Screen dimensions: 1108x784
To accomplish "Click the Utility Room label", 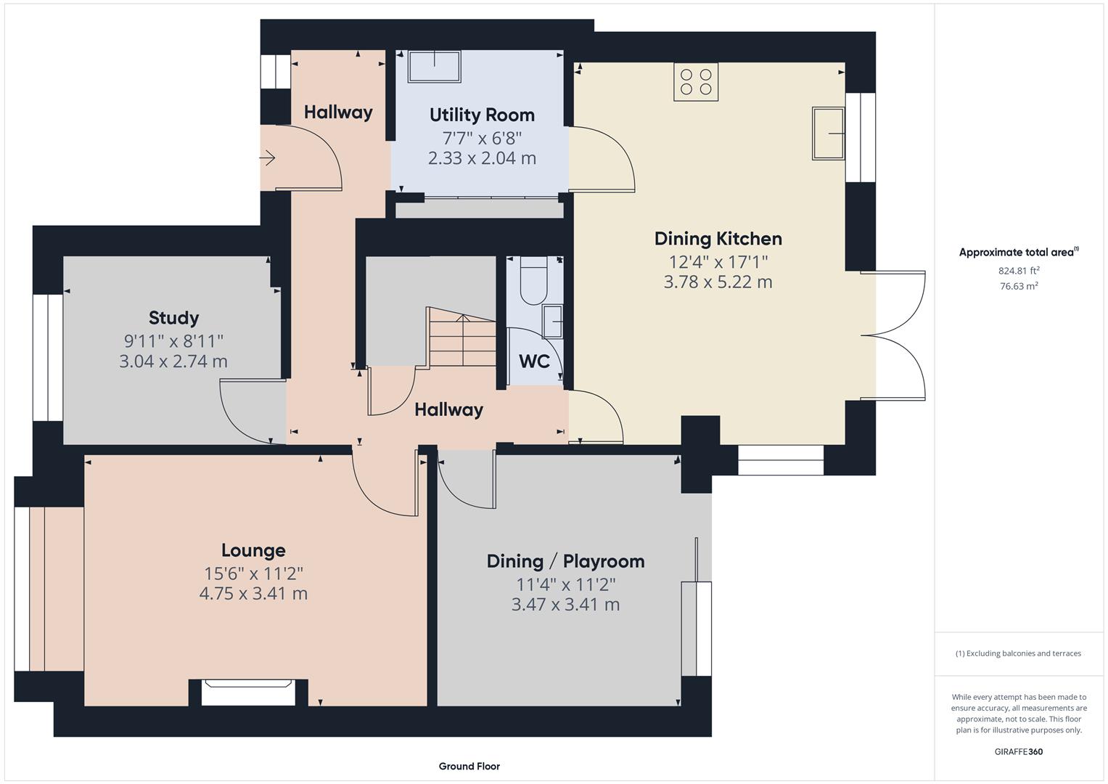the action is (482, 115).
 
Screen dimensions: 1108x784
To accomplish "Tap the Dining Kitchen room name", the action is (718, 239).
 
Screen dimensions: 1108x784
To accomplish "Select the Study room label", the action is (173, 318).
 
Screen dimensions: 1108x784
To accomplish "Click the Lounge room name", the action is (253, 550).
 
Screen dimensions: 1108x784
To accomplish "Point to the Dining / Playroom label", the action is (565, 561).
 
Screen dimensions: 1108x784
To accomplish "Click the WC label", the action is (534, 362).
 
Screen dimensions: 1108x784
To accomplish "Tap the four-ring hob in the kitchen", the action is (695, 82).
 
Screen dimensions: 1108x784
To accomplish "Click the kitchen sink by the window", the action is (828, 133).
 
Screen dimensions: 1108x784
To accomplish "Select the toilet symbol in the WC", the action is (533, 280).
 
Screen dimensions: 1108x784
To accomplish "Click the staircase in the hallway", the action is (462, 337).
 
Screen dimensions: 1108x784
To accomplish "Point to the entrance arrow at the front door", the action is (267, 158).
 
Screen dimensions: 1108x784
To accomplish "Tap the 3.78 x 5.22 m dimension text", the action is (718, 282).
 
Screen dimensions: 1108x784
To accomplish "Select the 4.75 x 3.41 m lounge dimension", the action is (253, 594).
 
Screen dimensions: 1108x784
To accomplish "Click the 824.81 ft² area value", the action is (1019, 271).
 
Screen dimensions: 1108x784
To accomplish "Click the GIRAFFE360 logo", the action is (1019, 751).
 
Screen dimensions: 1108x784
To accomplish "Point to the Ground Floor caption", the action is (469, 766).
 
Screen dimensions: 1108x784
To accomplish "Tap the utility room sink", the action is (435, 66).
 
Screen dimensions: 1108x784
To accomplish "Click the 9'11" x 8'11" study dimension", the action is (173, 341).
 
